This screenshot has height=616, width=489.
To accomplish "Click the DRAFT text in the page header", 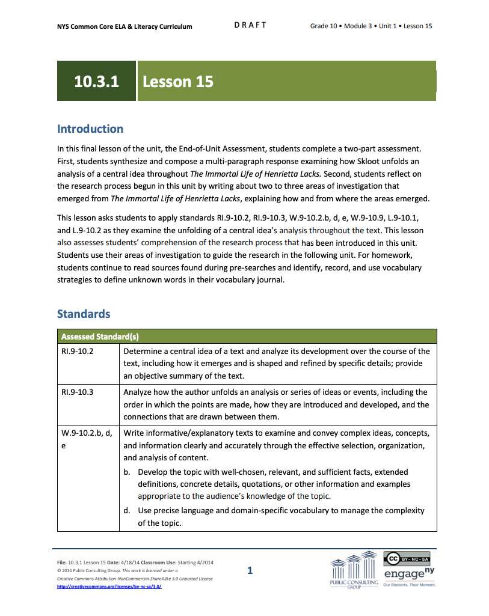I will [x=250, y=25].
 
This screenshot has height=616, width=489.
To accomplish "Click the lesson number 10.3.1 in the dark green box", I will [x=96, y=82].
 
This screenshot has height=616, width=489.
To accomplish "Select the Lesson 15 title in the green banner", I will [x=178, y=82].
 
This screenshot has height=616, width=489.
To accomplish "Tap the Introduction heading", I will [x=90, y=129].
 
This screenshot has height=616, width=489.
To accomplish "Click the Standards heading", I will [x=84, y=314].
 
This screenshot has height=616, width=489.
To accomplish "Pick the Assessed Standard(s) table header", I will [x=100, y=337].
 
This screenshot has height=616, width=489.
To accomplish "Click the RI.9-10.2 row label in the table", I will [x=77, y=351].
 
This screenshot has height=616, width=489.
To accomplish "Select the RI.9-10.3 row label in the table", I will [x=77, y=392].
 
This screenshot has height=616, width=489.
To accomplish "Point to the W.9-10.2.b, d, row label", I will [x=85, y=433].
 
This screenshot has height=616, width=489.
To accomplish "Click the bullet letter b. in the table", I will [x=127, y=472].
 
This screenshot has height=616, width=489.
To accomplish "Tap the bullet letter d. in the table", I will [x=127, y=510].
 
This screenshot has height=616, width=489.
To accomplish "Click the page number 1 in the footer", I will [x=250, y=570].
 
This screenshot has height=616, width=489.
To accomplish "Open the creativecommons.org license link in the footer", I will [x=109, y=586].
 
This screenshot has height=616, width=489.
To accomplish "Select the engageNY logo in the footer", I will [x=408, y=575].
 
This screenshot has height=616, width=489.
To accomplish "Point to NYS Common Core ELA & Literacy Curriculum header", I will [x=125, y=26].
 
